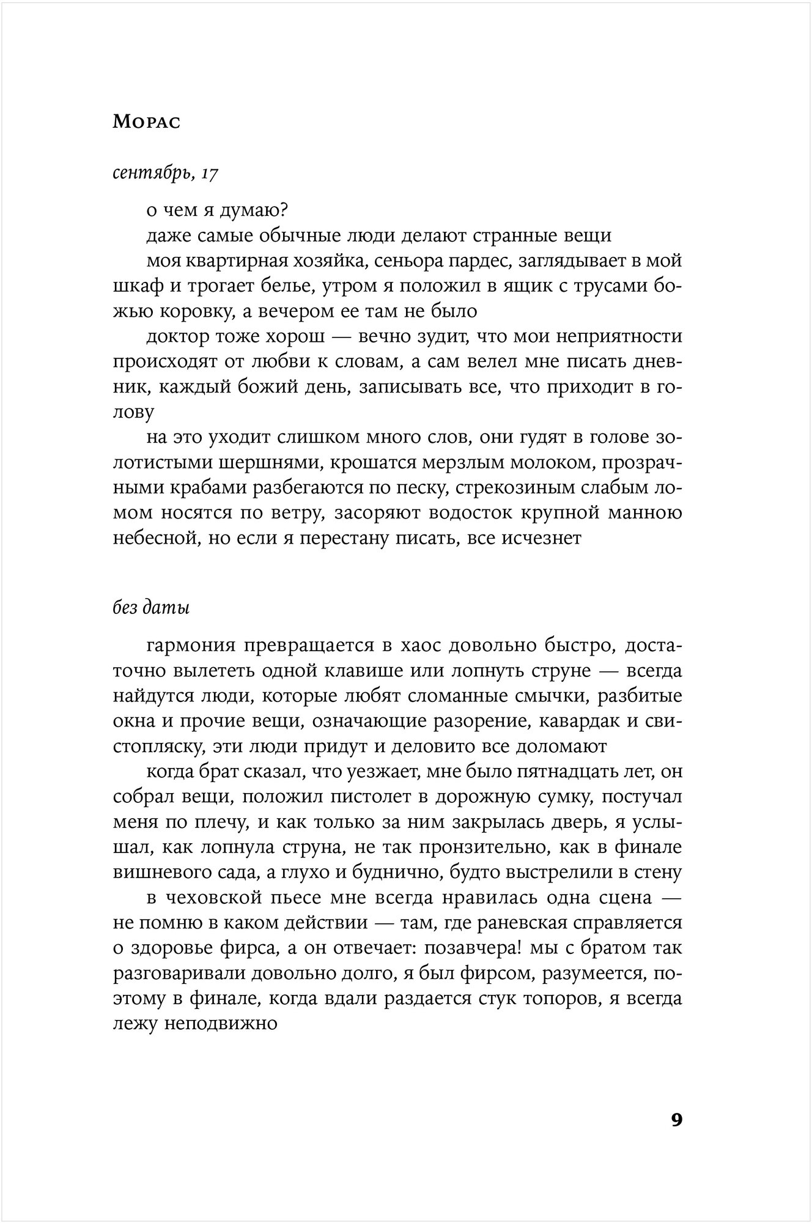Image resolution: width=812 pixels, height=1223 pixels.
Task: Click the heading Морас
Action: click(x=146, y=122)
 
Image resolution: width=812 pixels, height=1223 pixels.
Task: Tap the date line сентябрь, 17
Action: click(x=166, y=174)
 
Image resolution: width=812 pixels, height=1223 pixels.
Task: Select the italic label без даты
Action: click(x=151, y=608)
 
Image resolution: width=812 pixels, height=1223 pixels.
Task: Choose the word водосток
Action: click(x=471, y=514)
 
